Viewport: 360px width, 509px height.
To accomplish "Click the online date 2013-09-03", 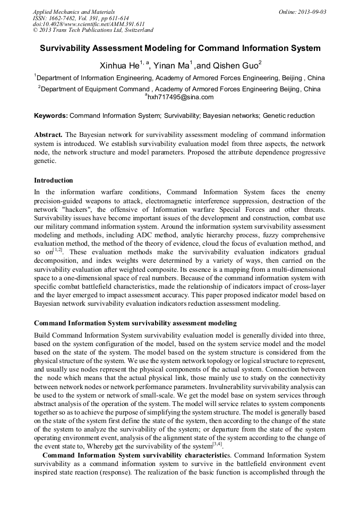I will pos(313,11).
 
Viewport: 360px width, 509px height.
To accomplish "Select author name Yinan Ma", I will pos(170,66).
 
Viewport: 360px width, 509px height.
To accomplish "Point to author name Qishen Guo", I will pos(237,66).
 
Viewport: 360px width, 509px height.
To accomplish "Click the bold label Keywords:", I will pos(51,115).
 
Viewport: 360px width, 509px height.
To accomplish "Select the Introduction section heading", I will pos(53,180).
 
